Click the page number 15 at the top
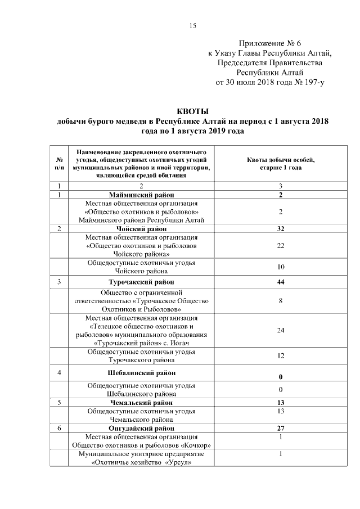click(192, 26)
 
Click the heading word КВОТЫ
click(192, 111)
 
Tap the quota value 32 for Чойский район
click(280, 229)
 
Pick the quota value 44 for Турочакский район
click(280, 282)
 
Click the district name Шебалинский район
click(141, 373)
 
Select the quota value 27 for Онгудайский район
click(280, 428)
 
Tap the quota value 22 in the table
click(280, 246)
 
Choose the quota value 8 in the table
click(280, 301)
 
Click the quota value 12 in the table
click(280, 356)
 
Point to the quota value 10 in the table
click(280, 266)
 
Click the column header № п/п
click(59, 164)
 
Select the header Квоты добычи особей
click(280, 160)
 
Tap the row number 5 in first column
click(59, 403)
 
